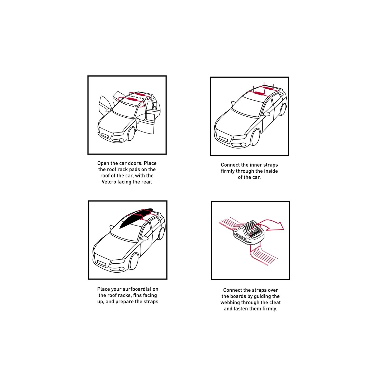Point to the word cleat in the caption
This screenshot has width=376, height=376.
[274, 302]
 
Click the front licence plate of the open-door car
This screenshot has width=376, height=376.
[105, 135]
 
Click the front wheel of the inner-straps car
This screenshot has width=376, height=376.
[255, 137]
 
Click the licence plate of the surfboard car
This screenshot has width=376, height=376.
[102, 263]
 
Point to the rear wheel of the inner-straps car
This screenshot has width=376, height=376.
[283, 109]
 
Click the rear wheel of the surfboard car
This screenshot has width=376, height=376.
[162, 233]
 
